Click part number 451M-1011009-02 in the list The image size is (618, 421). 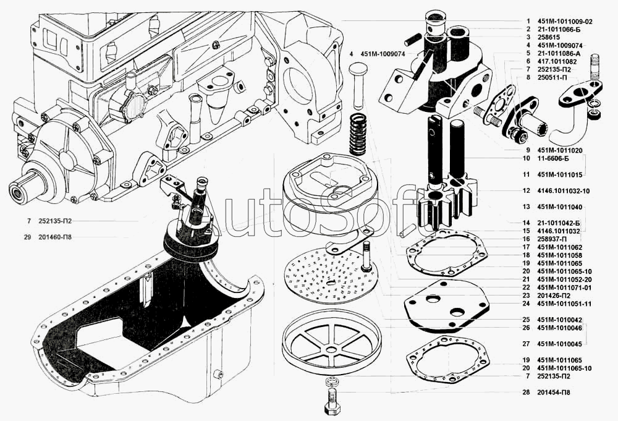564,22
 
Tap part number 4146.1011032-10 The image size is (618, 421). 563,191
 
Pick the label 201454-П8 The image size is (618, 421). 553,392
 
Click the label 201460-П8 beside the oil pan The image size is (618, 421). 55,237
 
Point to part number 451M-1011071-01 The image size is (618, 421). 564,287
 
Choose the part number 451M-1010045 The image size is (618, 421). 559,344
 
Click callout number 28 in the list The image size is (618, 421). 527,392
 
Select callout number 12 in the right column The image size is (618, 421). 527,191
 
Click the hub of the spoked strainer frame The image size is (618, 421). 332,349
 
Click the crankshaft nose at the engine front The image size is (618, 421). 25,188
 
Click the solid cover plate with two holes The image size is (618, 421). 446,304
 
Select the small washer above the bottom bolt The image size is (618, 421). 332,381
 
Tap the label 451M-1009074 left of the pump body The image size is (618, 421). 383,54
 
